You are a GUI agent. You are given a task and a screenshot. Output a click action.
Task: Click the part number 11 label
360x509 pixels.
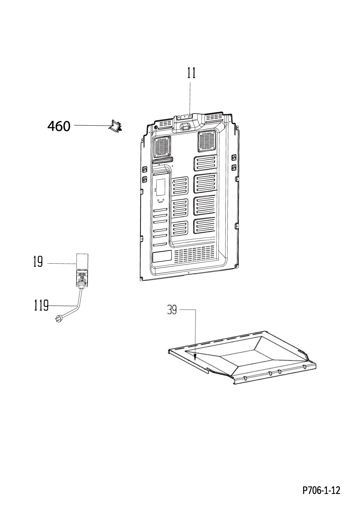tap(191, 73)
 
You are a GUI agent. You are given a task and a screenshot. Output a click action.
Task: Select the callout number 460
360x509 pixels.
tap(59, 126)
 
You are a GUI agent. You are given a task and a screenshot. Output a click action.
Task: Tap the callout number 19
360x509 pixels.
tap(38, 262)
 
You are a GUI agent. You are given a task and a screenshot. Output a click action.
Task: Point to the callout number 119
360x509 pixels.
tap(41, 305)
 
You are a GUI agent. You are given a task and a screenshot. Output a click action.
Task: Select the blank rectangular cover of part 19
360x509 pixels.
tap(82, 262)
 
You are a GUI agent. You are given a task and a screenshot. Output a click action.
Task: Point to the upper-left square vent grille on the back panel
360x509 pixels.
tap(162, 147)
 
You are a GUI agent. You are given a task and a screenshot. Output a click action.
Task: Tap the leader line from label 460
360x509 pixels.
tap(92, 125)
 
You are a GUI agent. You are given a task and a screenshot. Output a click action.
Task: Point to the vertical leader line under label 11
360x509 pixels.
tap(190, 99)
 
